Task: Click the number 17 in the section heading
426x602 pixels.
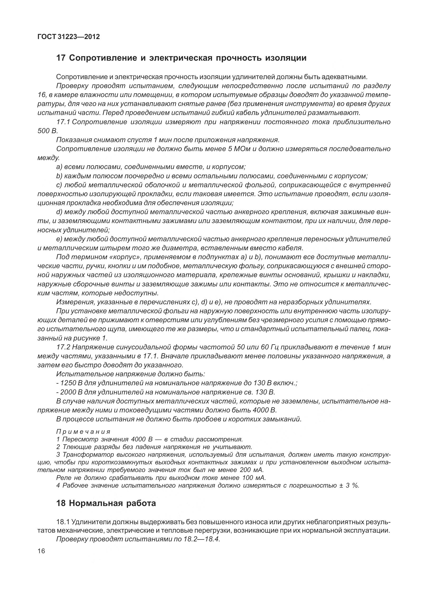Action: pos(61,58)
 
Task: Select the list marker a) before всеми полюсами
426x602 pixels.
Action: pos(59,167)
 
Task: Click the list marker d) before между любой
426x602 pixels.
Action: pos(59,212)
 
